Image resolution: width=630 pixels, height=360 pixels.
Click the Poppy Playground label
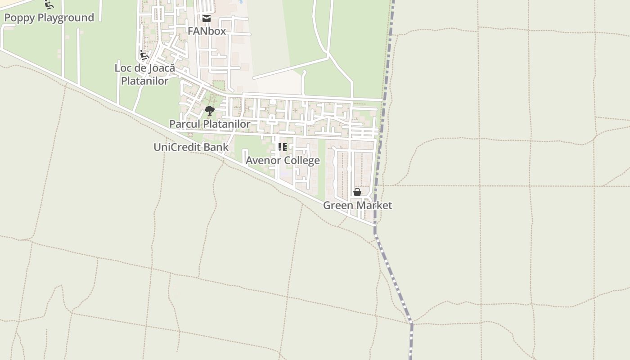click(49, 18)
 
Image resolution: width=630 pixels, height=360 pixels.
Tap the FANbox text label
click(207, 31)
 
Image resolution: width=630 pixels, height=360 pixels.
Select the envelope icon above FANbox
click(207, 18)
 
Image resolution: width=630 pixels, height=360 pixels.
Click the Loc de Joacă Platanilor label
click(144, 74)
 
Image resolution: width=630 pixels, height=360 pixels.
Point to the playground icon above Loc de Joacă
click(144, 55)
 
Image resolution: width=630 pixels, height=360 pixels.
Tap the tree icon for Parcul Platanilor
click(209, 110)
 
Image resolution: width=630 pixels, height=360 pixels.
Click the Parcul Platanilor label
click(210, 124)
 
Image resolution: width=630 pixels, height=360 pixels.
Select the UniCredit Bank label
click(191, 147)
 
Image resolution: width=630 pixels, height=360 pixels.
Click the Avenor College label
click(283, 160)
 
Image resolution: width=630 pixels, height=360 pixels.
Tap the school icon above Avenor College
click(283, 147)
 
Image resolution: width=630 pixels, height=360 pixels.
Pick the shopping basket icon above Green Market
click(357, 193)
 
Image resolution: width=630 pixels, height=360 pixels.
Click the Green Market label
click(358, 205)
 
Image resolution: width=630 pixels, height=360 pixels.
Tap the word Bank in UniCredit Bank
click(217, 147)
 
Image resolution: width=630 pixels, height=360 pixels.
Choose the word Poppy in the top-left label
click(19, 18)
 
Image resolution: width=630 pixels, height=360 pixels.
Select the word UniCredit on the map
click(178, 147)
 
